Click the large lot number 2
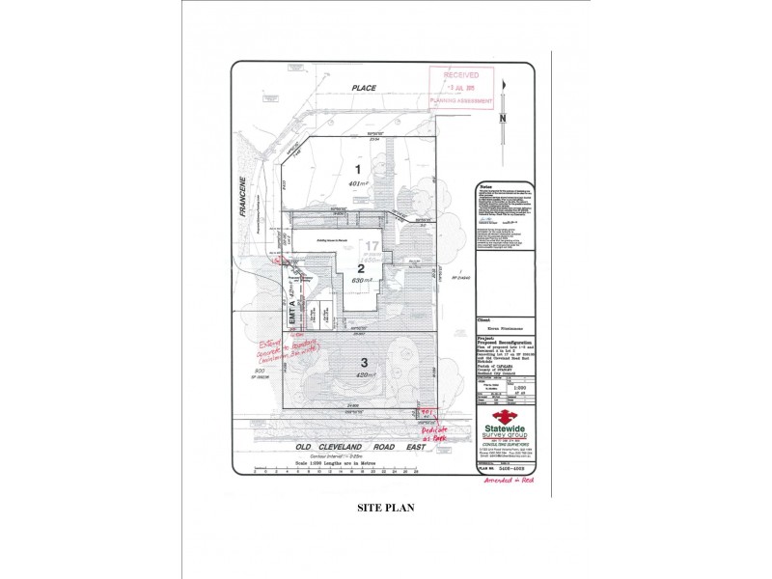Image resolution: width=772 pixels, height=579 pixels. click(x=360, y=268)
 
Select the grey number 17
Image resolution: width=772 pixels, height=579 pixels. click(x=372, y=247)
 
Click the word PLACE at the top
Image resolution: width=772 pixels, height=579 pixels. click(x=363, y=89)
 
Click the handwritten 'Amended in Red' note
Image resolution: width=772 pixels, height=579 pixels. click(x=511, y=479)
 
